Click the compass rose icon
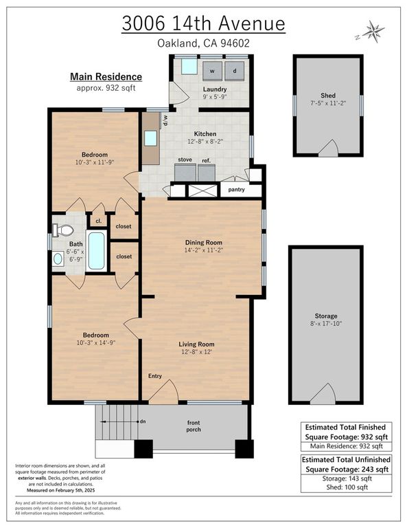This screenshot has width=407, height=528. coord(373,31)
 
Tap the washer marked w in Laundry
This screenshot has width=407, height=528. coord(211,71)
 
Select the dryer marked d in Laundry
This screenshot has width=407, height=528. coord(234,71)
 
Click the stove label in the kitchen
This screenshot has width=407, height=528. coord(185,159)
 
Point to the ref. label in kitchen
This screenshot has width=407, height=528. coord(207,160)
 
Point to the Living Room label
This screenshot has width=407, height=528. coord(197,344)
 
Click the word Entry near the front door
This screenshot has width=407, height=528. coord(155,376)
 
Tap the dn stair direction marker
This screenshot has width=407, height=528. coord(142,421)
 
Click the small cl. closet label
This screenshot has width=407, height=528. coord(98,221)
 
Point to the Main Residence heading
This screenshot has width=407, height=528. coord(106,77)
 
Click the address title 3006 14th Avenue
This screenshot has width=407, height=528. coord(203,23)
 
